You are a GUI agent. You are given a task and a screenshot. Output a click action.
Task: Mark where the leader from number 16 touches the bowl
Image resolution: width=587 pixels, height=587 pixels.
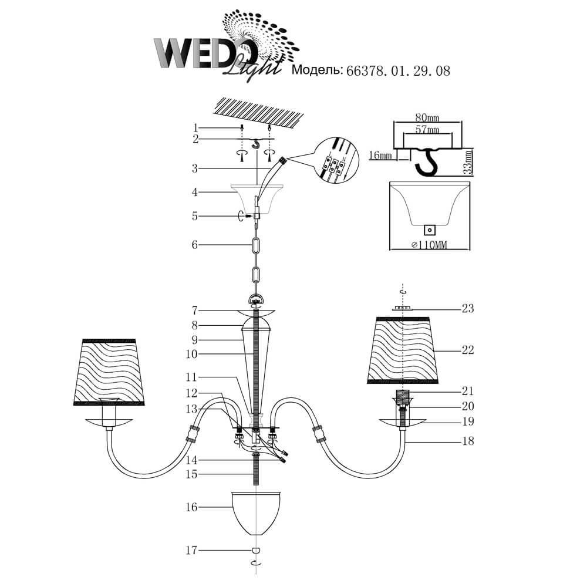pyautogui.click(x=232, y=507)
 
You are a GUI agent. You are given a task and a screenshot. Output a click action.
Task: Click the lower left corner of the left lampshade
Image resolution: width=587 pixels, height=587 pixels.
pyautogui.click(x=73, y=405)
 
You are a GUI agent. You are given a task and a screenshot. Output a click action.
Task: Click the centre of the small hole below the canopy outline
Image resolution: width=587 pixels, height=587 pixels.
pyautogui.click(x=430, y=230)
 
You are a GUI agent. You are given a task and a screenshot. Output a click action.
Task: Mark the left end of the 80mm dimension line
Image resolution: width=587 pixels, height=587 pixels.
pyautogui.click(x=393, y=122)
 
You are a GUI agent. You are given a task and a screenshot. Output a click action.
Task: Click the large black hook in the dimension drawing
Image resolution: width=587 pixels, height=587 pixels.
pyautogui.click(x=429, y=162)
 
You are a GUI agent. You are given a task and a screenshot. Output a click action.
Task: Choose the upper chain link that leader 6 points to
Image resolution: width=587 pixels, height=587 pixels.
pyautogui.click(x=256, y=248)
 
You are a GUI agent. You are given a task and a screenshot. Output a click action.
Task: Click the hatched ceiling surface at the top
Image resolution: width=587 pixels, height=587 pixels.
pyautogui.click(x=258, y=111)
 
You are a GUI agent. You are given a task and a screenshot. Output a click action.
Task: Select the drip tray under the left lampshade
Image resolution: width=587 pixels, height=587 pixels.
pyautogui.click(x=109, y=422)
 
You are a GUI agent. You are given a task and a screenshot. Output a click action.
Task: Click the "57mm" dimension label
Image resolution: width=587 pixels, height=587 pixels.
pyautogui.click(x=427, y=130)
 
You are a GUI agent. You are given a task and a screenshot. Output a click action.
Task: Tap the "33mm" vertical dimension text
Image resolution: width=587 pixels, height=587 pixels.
pyautogui.click(x=468, y=161)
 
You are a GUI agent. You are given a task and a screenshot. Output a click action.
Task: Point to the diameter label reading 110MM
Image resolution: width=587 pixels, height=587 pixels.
pyautogui.click(x=429, y=245)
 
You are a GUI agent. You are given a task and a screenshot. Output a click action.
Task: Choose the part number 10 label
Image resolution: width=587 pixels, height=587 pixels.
pyautogui.click(x=191, y=354)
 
